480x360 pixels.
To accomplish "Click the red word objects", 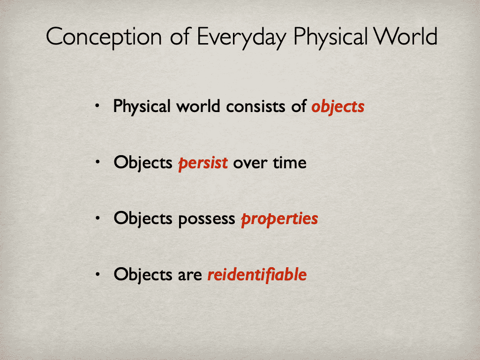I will [x=337, y=107].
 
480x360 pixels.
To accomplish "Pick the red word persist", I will [x=203, y=163].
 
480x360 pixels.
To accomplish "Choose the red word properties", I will [x=279, y=219].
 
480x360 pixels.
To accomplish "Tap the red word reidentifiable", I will [x=257, y=275].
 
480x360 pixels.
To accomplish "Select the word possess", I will [x=207, y=219].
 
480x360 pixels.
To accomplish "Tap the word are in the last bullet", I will [x=190, y=275].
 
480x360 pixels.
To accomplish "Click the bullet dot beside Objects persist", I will [x=97, y=162].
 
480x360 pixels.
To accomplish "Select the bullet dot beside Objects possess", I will [x=97, y=218].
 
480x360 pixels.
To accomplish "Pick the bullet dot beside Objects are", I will [x=97, y=274].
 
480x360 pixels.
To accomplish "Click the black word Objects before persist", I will [x=143, y=163].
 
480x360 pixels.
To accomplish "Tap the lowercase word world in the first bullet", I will [x=198, y=107].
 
